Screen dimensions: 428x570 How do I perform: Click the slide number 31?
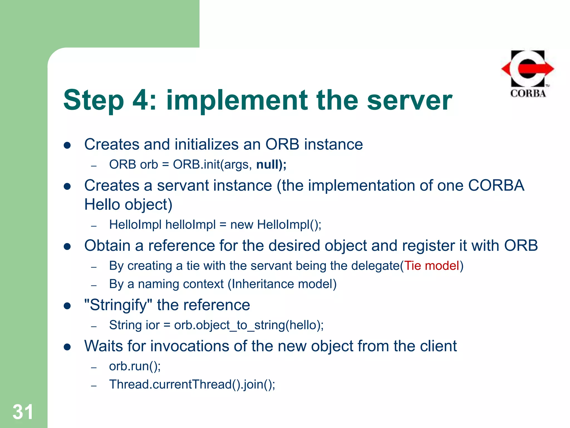[x=23, y=412]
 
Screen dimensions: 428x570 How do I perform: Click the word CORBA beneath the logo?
[x=528, y=93]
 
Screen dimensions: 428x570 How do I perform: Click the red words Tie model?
[x=431, y=266]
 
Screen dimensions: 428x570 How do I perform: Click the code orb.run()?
[x=135, y=366]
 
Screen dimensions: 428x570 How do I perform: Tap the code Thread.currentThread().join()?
[x=192, y=385]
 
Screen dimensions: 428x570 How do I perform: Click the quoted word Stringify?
[x=118, y=305]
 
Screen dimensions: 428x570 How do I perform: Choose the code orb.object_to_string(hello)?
[x=249, y=325]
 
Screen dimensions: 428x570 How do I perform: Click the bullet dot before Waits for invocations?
[x=67, y=347]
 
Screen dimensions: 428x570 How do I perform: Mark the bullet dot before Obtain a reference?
[x=67, y=247]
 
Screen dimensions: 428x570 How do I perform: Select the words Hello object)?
[x=128, y=205]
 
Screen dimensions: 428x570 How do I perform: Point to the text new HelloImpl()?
[x=276, y=225]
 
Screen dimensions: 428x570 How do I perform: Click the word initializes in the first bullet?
[x=207, y=144]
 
